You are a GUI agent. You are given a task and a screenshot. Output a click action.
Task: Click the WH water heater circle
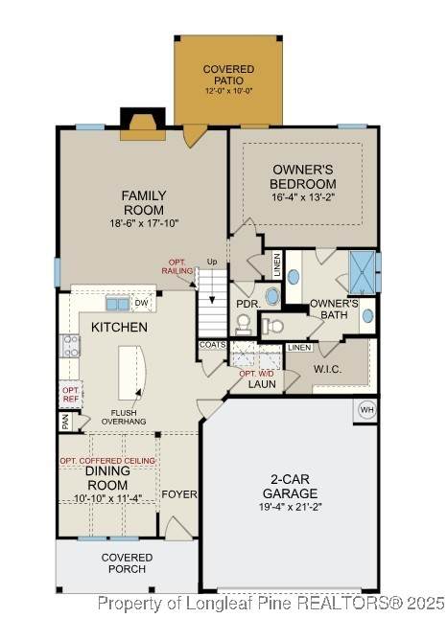pos(367,410)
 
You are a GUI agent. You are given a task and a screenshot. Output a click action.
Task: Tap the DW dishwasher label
pos(142,303)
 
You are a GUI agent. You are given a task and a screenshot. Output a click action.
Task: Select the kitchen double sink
pos(118,305)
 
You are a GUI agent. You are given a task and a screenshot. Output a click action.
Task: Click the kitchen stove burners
pos(70,347)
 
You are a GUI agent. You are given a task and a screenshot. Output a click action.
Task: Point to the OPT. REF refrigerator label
pos(71,394)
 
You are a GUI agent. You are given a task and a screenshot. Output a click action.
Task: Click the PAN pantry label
pos(65,423)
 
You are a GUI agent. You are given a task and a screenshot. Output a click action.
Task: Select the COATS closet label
pos(212,345)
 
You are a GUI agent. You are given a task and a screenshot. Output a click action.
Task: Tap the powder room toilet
pos(243,325)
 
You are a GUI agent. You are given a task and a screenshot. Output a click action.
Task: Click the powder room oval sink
pos(271,296)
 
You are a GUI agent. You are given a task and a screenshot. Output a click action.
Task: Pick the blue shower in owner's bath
pos(363,272)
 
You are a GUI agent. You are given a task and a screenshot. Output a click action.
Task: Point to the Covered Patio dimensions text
pos(228,91)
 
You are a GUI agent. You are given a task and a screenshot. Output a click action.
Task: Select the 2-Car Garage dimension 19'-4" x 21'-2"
pos(291,507)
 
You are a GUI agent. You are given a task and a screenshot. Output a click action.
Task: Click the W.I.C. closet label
pos(327,369)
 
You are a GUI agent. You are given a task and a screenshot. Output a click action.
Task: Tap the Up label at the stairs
pos(212,262)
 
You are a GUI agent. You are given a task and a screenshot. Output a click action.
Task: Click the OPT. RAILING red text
pos(177,266)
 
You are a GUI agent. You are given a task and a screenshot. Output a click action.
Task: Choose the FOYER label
pos(179,494)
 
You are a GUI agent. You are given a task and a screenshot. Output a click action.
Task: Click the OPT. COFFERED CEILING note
pos(107,461)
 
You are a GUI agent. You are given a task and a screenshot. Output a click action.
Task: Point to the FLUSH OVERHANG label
pos(124,417)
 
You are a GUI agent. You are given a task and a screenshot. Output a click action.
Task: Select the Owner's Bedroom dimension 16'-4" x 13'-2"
pos(303,197)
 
